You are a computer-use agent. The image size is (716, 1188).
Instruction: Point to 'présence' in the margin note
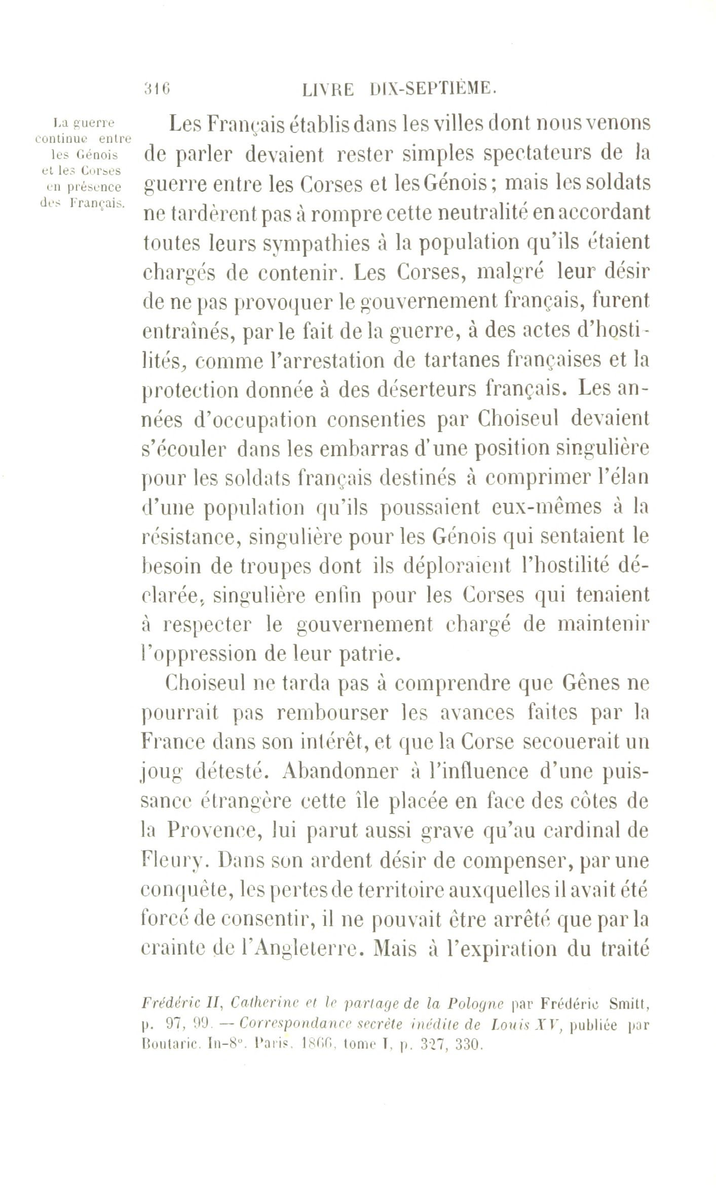(89, 187)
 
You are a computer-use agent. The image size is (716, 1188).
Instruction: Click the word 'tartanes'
(459, 361)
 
